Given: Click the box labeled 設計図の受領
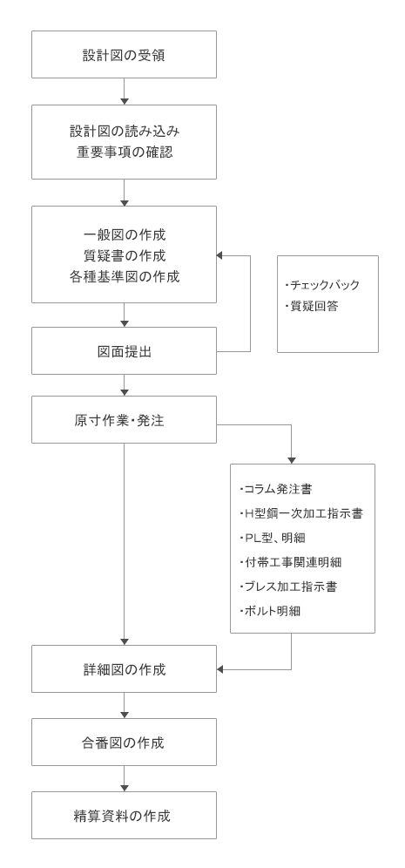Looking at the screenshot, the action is tap(124, 54).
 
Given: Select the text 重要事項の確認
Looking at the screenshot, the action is tap(125, 153).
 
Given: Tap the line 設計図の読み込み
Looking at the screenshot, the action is tap(125, 132).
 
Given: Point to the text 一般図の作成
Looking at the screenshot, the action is tap(125, 234).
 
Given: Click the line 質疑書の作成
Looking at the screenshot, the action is tap(125, 255).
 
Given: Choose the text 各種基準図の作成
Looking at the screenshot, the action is tap(125, 277).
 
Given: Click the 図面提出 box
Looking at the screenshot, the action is tap(124, 351).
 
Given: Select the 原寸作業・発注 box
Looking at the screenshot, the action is tap(124, 419).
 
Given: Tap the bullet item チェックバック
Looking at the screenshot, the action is tap(322, 285).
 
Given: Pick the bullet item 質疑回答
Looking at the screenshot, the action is tap(311, 306).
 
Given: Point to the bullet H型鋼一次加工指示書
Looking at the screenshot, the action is tap(301, 513).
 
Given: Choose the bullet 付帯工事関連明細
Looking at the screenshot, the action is tap(291, 562).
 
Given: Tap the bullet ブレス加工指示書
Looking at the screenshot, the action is tap(287, 587).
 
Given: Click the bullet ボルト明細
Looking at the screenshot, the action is tap(270, 611).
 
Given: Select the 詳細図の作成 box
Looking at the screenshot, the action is tap(124, 668).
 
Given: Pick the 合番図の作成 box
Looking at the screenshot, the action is tap(124, 743).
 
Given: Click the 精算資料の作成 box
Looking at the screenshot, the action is tap(124, 816).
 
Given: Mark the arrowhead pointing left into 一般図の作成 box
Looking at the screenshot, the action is tap(219, 255).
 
